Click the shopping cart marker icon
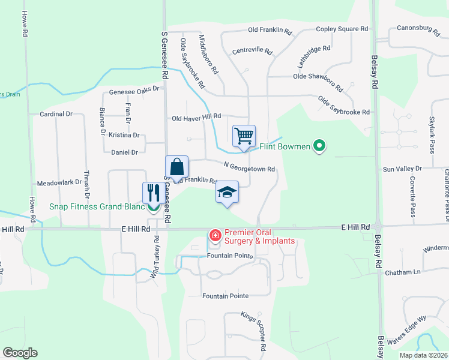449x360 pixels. tap(244, 136)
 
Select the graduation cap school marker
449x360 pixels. tap(227, 192)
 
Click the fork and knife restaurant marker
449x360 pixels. tap(152, 193)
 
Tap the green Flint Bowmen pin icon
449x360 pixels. tap(320, 146)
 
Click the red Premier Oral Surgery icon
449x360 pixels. tap(214, 236)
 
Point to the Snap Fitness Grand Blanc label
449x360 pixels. tap(98, 207)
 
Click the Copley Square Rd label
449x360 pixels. tap(342, 29)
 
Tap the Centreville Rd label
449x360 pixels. tap(252, 50)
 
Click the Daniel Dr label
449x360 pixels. tap(125, 152)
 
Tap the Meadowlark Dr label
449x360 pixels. tap(59, 182)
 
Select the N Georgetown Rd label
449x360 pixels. tap(249, 167)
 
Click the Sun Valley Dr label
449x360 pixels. tap(402, 169)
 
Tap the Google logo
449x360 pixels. tap(20, 353)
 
